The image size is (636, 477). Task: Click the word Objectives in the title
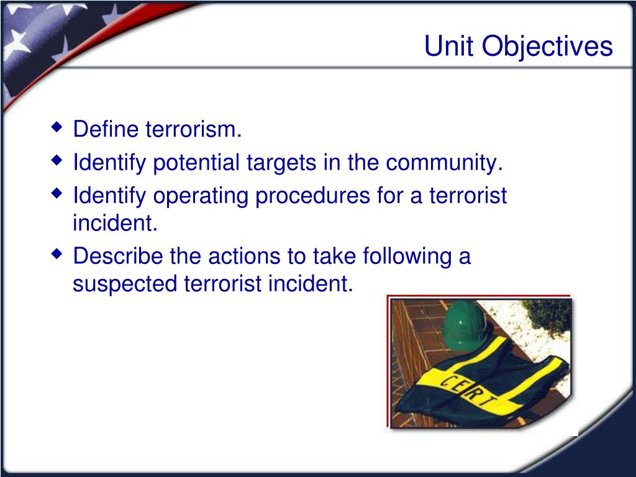(x=547, y=47)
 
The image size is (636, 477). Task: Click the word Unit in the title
(x=449, y=45)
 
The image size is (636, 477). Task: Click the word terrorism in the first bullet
(x=194, y=129)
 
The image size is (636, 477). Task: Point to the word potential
(x=196, y=163)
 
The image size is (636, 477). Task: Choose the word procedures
(x=313, y=196)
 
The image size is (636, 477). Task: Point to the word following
(x=407, y=257)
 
